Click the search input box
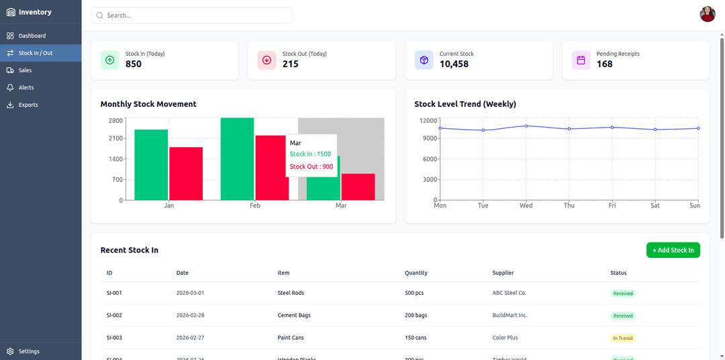tap(191, 15)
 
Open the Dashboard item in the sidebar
tap(32, 36)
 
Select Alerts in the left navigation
tap(26, 87)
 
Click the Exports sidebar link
tap(28, 105)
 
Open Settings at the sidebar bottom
tap(29, 351)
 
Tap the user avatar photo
tap(708, 14)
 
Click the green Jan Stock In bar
tap(151, 165)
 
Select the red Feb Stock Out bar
tap(271, 168)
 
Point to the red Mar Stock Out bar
tap(358, 187)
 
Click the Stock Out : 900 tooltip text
tap(311, 167)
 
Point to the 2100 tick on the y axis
tap(115, 138)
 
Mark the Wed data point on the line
tap(526, 126)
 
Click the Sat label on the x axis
tap(655, 206)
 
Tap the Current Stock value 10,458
tap(454, 64)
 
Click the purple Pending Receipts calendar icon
tap(581, 60)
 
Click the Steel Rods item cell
tap(291, 293)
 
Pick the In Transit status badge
tap(623, 338)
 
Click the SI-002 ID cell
tap(114, 315)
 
